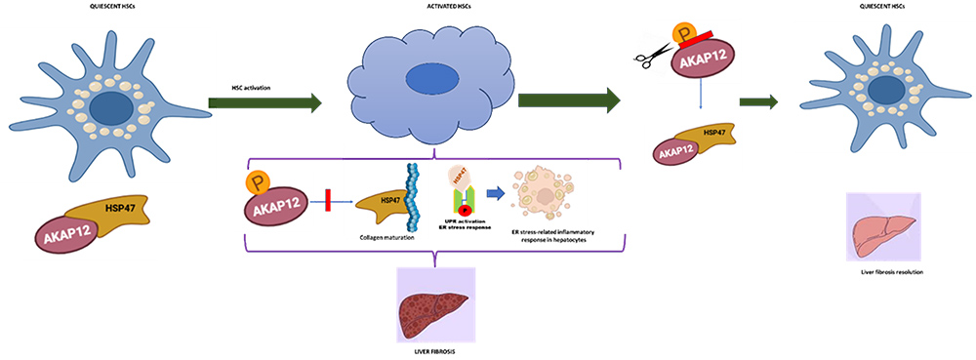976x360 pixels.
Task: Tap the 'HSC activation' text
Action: point(252,88)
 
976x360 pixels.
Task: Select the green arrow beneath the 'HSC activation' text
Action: point(264,100)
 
